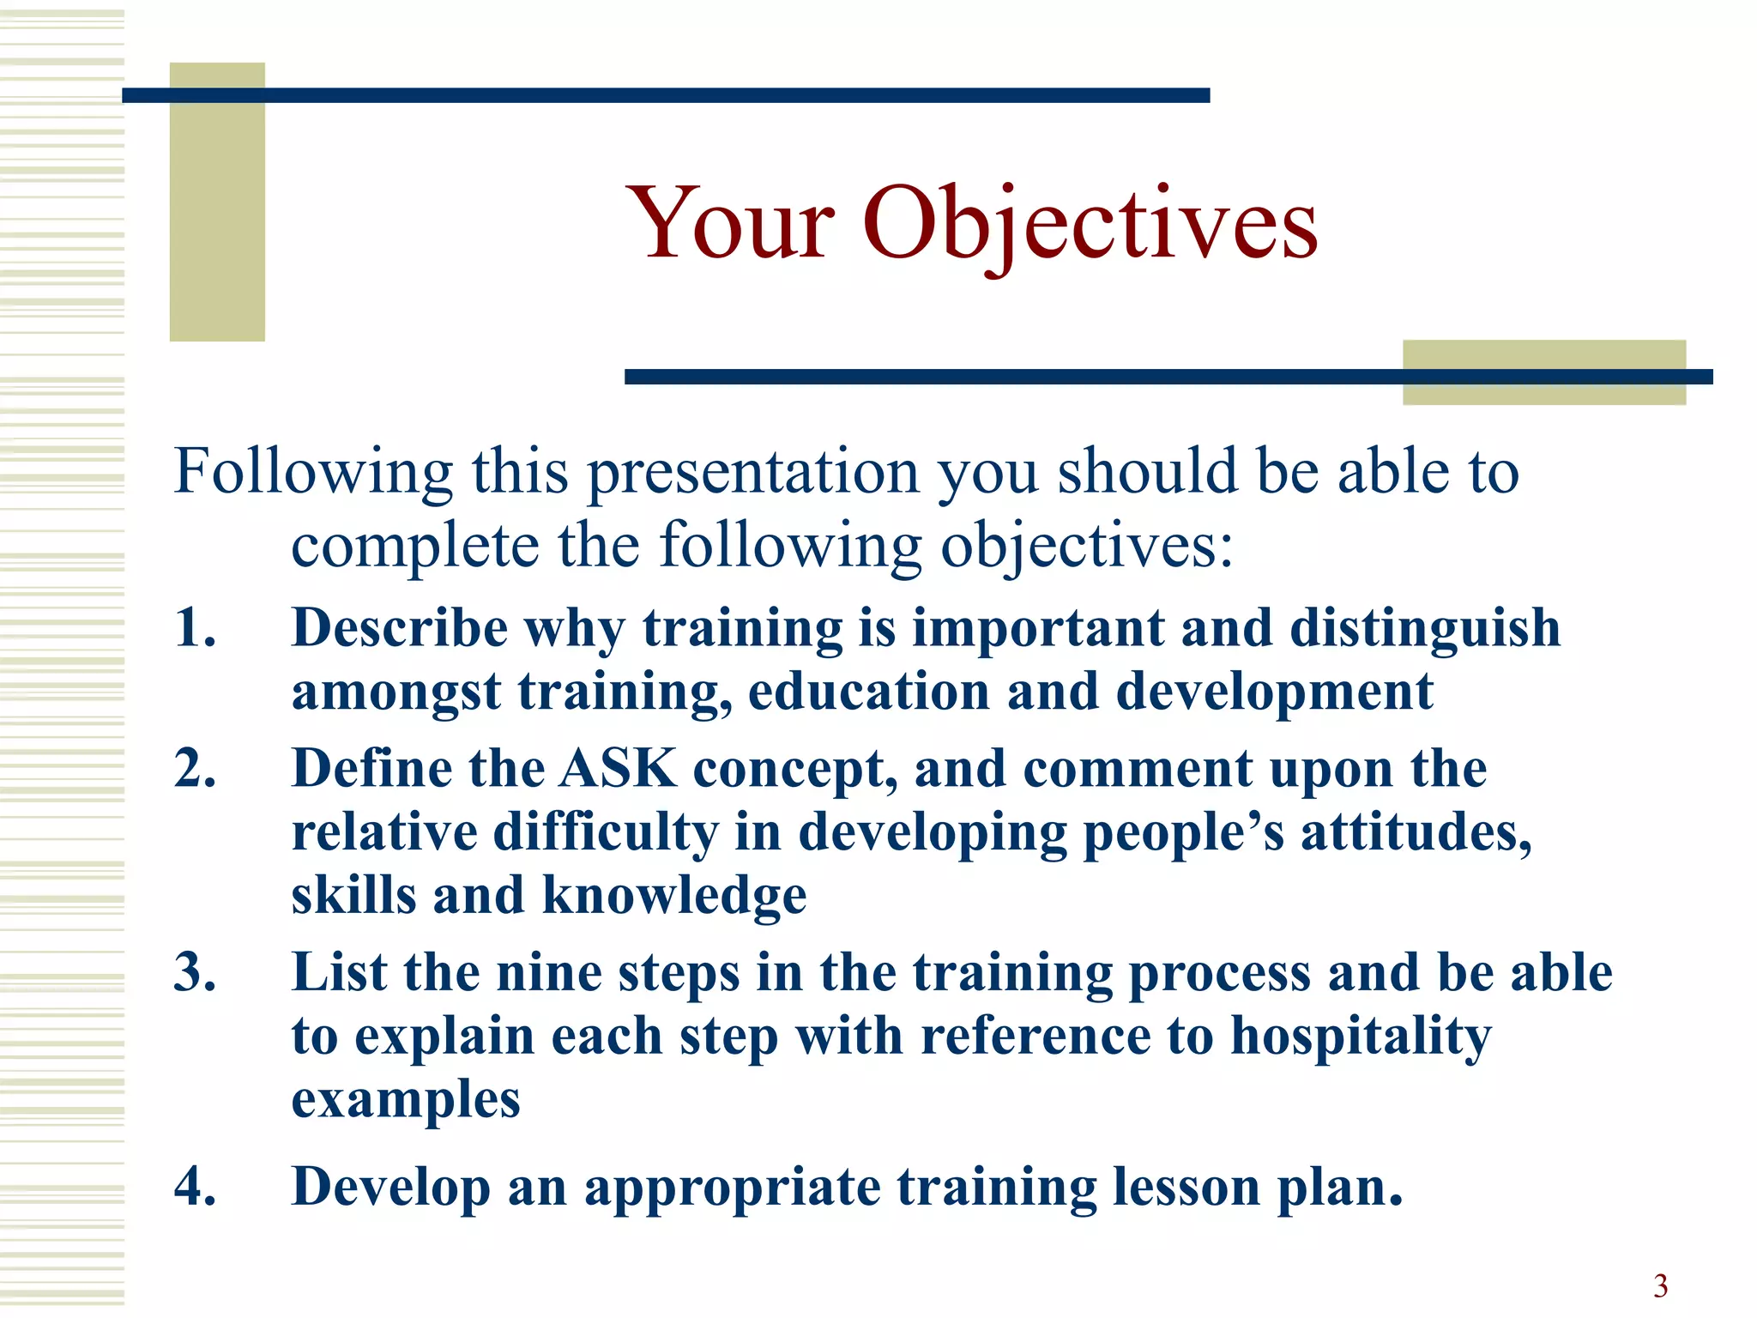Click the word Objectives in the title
[x=1090, y=225]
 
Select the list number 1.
[x=195, y=627]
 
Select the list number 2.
[x=195, y=768]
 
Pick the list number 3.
[x=195, y=972]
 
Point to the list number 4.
[x=195, y=1187]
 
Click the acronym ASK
[x=618, y=768]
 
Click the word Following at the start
[x=313, y=472]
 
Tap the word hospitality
[x=1362, y=1037]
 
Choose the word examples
[x=406, y=1100]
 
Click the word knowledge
[x=674, y=896]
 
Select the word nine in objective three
[x=549, y=973]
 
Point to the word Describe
[x=400, y=627]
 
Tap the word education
[x=869, y=692]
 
